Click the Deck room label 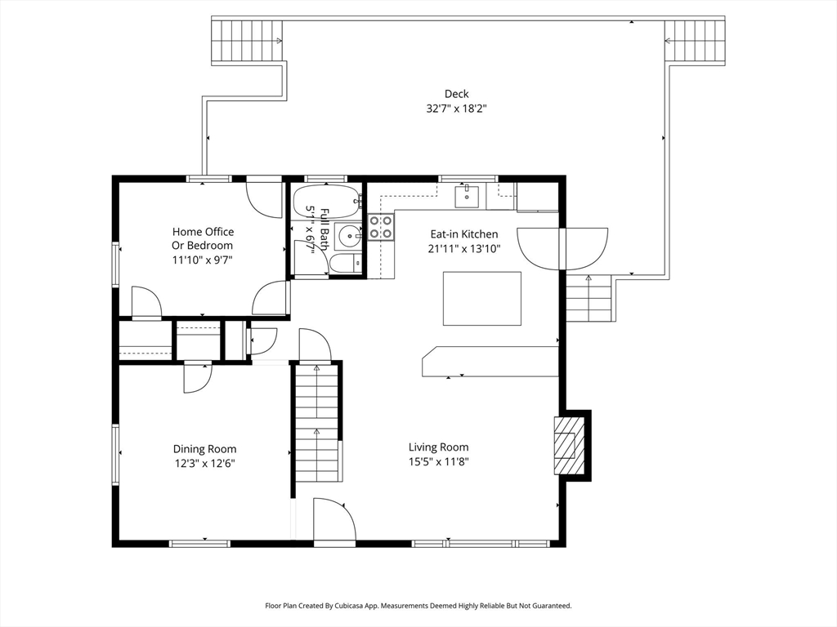(x=456, y=94)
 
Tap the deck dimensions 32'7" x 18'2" (x=456, y=109)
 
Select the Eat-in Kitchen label (x=464, y=234)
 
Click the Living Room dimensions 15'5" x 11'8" (x=438, y=462)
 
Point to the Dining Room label (x=204, y=450)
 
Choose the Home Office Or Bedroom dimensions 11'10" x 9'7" (x=203, y=260)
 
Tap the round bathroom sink (x=350, y=234)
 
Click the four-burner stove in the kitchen (x=381, y=227)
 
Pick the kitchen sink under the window (x=467, y=196)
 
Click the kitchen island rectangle (x=482, y=299)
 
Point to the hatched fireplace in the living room (x=564, y=445)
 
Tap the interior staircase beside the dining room (x=317, y=421)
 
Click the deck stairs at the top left (x=247, y=41)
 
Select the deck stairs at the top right (x=695, y=41)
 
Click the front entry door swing (x=334, y=520)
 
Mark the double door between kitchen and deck (x=562, y=249)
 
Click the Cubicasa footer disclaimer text (x=418, y=606)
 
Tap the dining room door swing (x=199, y=378)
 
